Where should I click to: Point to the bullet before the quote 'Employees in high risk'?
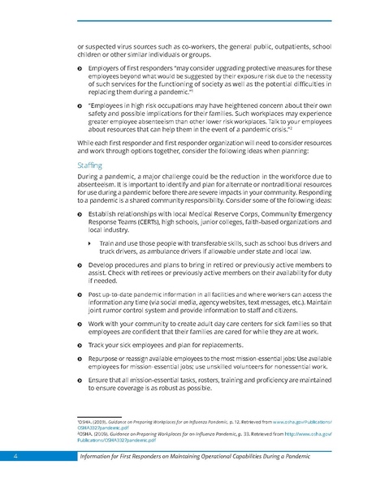[69, 106]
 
